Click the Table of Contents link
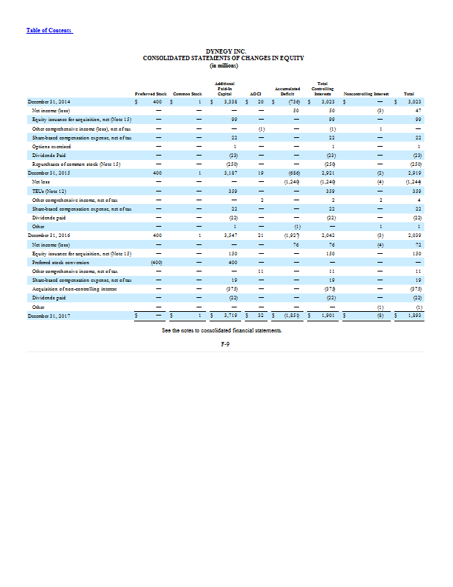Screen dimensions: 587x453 pyautogui.click(x=49, y=30)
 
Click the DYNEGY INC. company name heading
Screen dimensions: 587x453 pyautogui.click(x=226, y=51)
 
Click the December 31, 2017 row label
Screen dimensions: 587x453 pyautogui.click(x=48, y=315)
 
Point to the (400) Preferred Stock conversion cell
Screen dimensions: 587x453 pyautogui.click(x=156, y=261)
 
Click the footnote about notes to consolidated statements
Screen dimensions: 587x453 pyautogui.click(x=226, y=331)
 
